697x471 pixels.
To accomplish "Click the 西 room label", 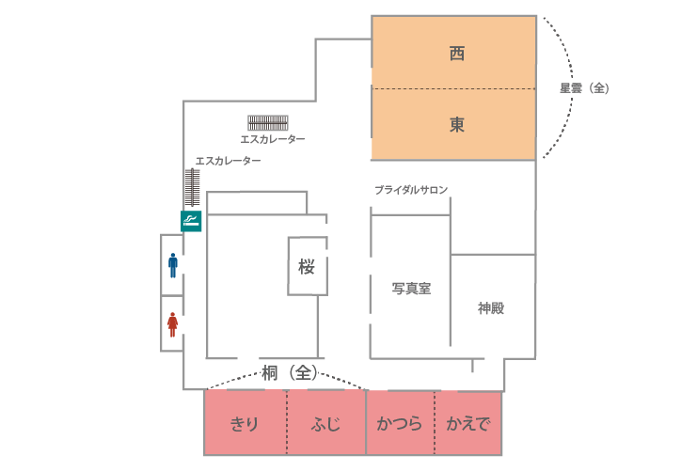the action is pyautogui.click(x=457, y=54).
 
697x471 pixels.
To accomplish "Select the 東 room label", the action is pyautogui.click(x=457, y=124).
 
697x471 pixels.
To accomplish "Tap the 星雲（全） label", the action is pyautogui.click(x=584, y=88).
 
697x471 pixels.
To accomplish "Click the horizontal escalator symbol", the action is pyautogui.click(x=268, y=122).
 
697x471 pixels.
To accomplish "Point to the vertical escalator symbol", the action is pyautogui.click(x=192, y=187).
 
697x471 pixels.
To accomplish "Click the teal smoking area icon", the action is pyautogui.click(x=191, y=221).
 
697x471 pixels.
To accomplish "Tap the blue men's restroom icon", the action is pyautogui.click(x=173, y=265).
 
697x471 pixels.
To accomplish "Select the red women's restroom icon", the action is pyautogui.click(x=172, y=324).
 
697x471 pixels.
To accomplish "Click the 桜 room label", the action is pyautogui.click(x=307, y=267).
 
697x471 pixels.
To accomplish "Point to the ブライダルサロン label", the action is pyautogui.click(x=411, y=190).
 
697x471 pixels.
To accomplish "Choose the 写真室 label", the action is pyautogui.click(x=411, y=289).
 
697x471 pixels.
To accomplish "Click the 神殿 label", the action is pyautogui.click(x=491, y=308).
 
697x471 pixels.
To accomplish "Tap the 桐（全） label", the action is pyautogui.click(x=290, y=373).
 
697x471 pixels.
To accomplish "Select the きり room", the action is pyautogui.click(x=246, y=422).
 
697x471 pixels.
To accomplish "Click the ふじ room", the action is pyautogui.click(x=326, y=422).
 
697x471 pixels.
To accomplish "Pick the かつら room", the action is pyautogui.click(x=400, y=422).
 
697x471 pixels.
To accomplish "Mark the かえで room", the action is pyautogui.click(x=468, y=422).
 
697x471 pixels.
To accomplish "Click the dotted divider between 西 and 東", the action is pyautogui.click(x=453, y=89).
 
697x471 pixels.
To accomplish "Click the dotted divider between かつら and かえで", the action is pyautogui.click(x=435, y=422).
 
